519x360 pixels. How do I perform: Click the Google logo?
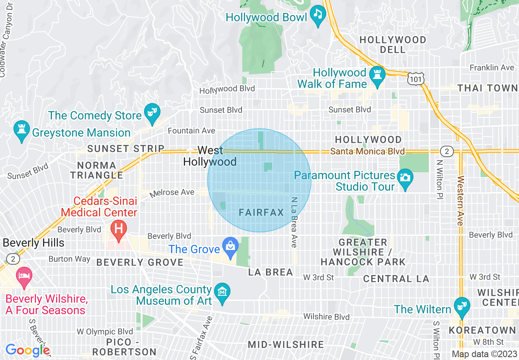tap(27, 350)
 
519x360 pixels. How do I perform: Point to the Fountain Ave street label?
tap(192, 131)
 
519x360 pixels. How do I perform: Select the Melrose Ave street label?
tap(171, 193)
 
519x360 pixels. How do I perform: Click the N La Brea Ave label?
tap(293, 222)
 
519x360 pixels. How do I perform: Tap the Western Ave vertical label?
tap(460, 200)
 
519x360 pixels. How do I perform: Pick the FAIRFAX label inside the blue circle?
tap(261, 213)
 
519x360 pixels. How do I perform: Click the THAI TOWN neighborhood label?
tap(487, 88)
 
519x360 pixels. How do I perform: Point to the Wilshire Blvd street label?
tap(326, 317)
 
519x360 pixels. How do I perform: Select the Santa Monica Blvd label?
tap(367, 152)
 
